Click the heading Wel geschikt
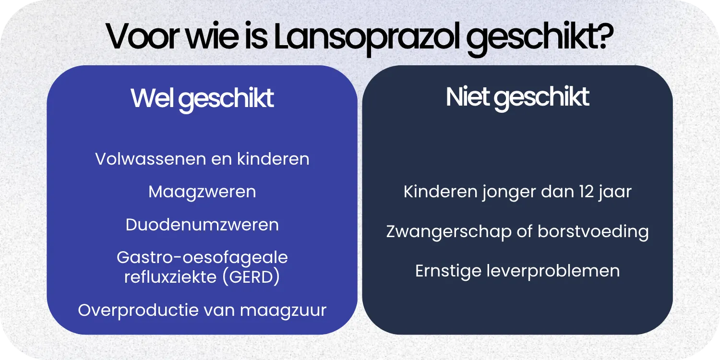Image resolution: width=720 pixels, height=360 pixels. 202,98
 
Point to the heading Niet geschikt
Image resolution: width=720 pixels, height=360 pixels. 517,97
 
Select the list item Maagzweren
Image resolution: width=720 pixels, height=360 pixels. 202,192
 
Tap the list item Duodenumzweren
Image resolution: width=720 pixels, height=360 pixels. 202,225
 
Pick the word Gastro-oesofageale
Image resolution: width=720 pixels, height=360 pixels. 202,257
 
